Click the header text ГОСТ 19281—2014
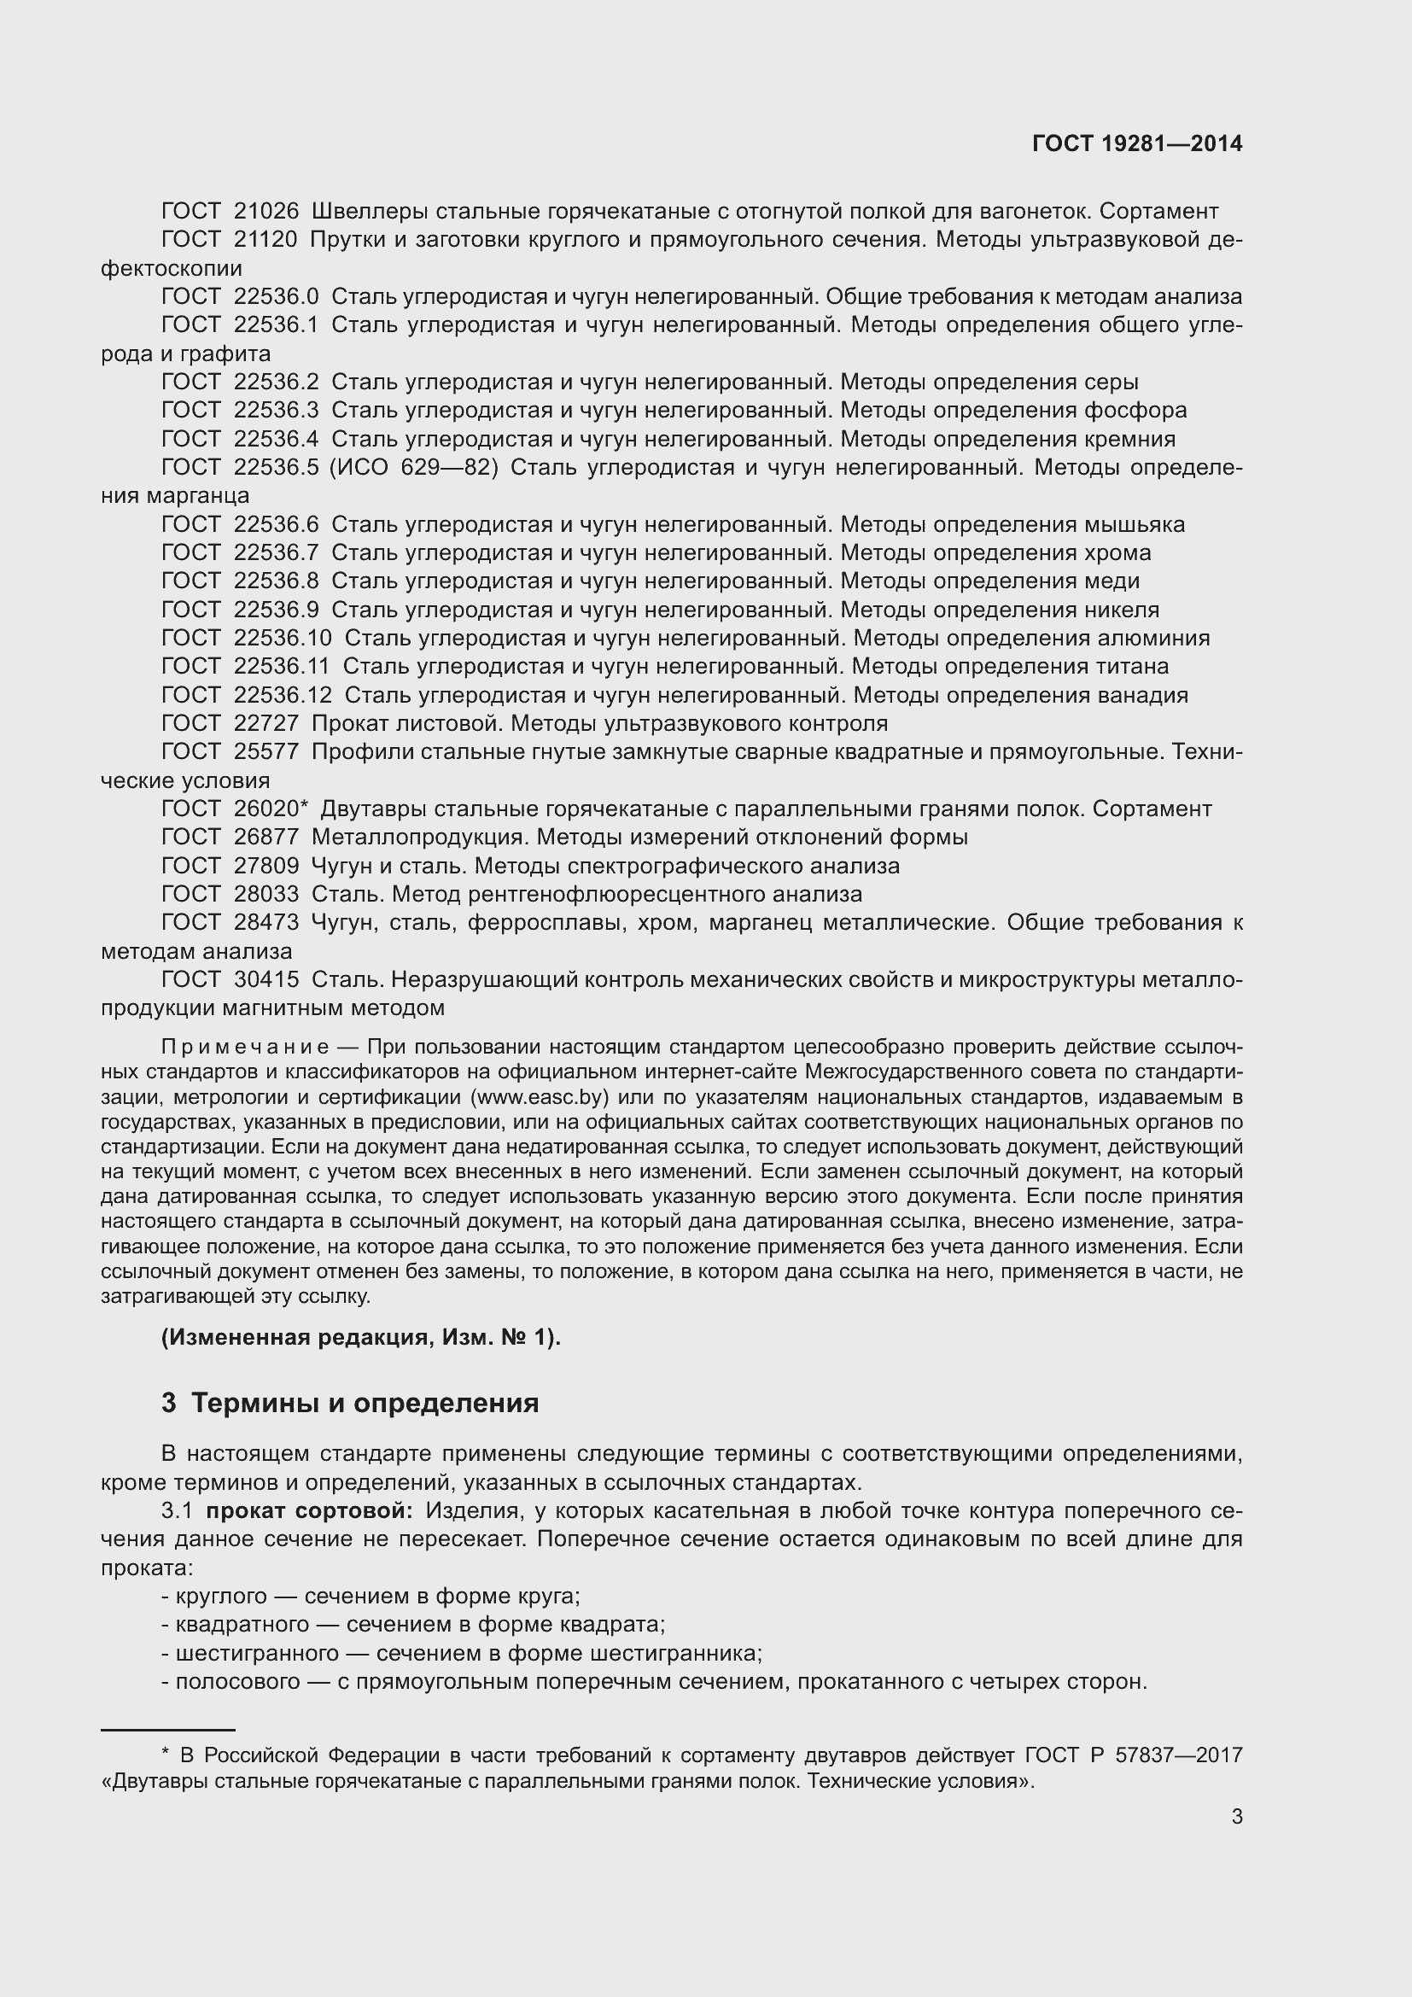[1136, 143]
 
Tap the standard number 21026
[266, 212]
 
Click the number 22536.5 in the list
[276, 468]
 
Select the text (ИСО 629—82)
[414, 468]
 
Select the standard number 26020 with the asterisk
[270, 809]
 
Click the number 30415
[266, 980]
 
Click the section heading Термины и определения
[365, 1403]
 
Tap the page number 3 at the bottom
[1236, 1817]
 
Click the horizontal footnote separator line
[168, 1730]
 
